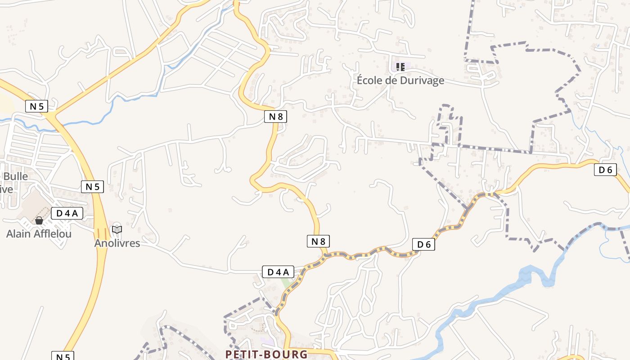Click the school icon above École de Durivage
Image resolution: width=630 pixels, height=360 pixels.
point(400,67)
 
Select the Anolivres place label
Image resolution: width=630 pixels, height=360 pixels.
point(117,243)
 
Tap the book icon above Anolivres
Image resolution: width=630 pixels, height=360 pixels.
point(117,229)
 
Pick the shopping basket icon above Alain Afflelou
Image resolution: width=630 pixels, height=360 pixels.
point(39,220)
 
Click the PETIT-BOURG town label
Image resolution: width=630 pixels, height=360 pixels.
point(266,354)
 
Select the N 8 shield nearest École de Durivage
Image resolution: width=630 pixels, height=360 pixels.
point(275,117)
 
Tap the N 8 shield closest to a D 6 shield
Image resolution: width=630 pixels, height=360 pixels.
point(318,241)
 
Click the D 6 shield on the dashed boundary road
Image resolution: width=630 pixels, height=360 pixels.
point(423,244)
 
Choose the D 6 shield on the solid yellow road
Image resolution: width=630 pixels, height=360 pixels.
point(605,170)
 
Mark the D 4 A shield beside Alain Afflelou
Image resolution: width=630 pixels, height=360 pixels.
point(67,213)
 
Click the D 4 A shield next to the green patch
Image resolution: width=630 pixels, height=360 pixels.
point(278,272)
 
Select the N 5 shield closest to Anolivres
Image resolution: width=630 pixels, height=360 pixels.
point(92,186)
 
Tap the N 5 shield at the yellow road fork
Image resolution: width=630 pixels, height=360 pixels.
point(36,107)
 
